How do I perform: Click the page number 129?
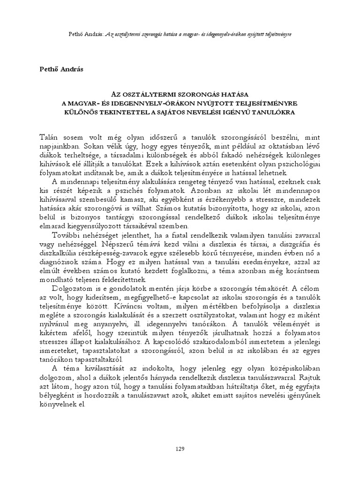180,449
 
